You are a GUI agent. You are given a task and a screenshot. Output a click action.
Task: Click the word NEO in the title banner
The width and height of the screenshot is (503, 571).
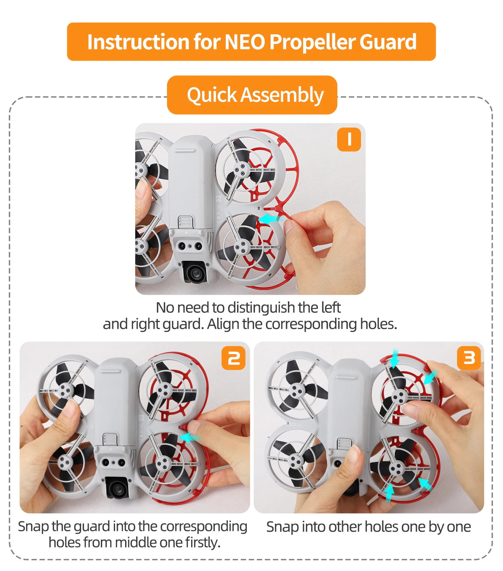(x=246, y=42)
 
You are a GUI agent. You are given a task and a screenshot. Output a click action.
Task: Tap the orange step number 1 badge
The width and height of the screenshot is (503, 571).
(x=349, y=139)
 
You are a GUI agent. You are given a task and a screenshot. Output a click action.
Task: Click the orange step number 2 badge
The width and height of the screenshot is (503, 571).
(x=233, y=358)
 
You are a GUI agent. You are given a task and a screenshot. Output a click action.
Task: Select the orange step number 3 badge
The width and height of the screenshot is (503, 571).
(x=469, y=358)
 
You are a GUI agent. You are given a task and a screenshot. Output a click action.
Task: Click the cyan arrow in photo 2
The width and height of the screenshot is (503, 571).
(x=190, y=437)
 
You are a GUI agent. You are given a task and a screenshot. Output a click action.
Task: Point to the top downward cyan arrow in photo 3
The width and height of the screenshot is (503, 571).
(x=395, y=359)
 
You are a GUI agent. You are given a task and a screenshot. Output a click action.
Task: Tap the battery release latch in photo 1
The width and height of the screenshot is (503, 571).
(x=185, y=221)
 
